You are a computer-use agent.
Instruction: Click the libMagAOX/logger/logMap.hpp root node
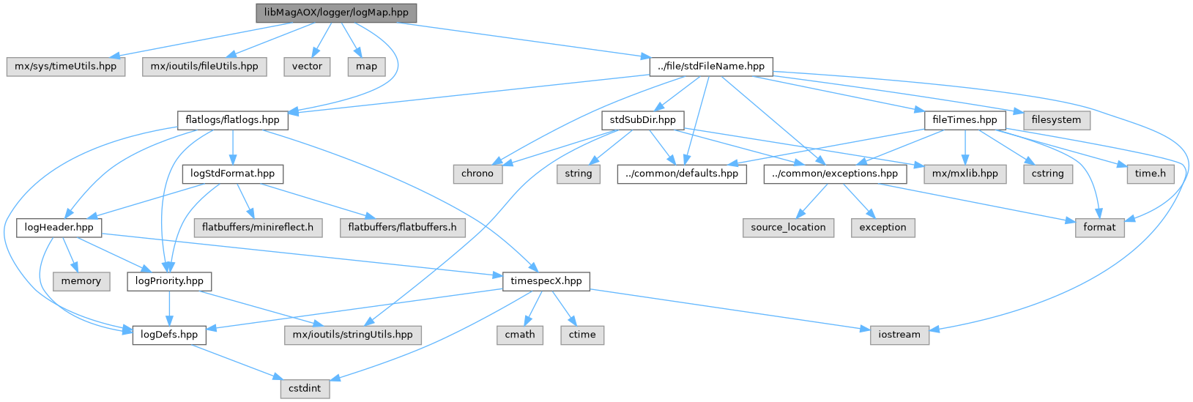(336, 12)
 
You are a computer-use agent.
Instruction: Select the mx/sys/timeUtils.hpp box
(66, 66)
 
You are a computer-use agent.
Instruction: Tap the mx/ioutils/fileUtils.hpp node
(204, 66)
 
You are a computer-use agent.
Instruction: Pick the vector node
(307, 66)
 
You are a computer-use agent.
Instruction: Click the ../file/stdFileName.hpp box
(711, 66)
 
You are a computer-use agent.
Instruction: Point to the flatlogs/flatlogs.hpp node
(232, 119)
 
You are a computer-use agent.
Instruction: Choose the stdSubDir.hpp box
(642, 119)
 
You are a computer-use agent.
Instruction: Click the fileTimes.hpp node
(965, 119)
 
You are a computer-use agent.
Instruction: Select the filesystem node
(1056, 119)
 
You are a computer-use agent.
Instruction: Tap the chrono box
(477, 174)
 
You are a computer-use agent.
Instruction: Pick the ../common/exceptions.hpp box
(835, 174)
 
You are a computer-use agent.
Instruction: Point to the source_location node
(788, 227)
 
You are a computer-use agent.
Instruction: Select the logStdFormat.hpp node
(232, 174)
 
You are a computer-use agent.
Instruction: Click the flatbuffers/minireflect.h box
(258, 227)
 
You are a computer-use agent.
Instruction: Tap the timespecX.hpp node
(546, 280)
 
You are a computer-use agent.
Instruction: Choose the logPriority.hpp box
(169, 280)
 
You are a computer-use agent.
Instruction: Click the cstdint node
(304, 388)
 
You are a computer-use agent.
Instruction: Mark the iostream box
(899, 335)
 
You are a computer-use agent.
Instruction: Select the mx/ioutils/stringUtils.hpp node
(353, 335)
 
